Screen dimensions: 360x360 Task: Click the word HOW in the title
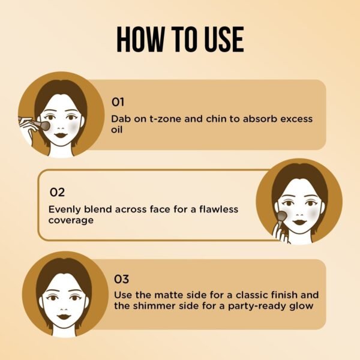[x=139, y=39]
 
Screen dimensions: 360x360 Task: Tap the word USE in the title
[x=224, y=39]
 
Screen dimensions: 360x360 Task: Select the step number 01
[x=118, y=102]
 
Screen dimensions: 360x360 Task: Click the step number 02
[x=57, y=193]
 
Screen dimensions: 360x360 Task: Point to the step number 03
[x=121, y=279]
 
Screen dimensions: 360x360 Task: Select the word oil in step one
[x=116, y=130]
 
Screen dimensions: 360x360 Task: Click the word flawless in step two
[x=218, y=209]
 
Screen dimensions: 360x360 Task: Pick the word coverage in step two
[x=71, y=221]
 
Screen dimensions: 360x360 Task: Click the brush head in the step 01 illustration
[x=45, y=126]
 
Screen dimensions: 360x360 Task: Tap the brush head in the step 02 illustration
[x=283, y=215]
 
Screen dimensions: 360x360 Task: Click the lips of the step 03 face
[x=64, y=316]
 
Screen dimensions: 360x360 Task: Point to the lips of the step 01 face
[x=61, y=135]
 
